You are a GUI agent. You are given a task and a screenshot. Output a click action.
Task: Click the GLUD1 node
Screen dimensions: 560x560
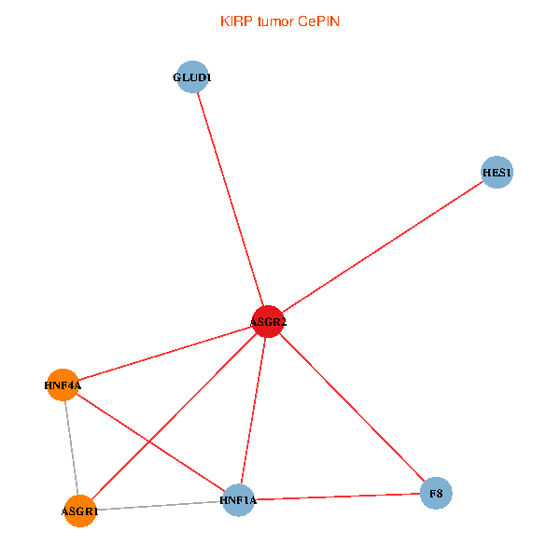[193, 77]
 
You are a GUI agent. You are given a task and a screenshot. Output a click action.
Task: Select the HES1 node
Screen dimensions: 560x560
[497, 173]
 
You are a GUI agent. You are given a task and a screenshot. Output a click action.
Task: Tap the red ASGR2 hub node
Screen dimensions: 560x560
[268, 322]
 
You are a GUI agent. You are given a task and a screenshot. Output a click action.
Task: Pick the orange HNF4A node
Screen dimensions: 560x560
[63, 384]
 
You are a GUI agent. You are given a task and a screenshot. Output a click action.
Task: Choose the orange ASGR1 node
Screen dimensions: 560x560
[80, 511]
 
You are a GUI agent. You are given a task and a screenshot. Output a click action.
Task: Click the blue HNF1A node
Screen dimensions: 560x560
[239, 500]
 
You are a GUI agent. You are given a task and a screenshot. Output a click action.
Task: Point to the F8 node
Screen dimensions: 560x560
[436, 492]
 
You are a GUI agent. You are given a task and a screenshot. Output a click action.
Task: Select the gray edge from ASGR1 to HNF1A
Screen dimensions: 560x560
[159, 506]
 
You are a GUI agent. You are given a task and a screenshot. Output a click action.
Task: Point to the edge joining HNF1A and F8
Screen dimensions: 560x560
[338, 497]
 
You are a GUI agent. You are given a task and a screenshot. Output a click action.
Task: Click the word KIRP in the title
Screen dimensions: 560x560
[233, 21]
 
